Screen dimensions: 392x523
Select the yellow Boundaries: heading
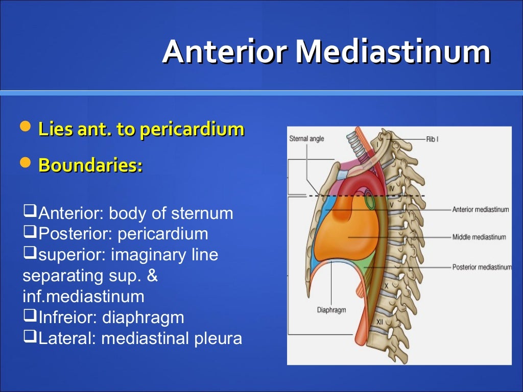click(90, 165)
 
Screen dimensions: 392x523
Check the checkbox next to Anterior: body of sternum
click(30, 211)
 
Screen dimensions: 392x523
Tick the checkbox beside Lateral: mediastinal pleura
click(30, 337)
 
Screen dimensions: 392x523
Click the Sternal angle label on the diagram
click(306, 139)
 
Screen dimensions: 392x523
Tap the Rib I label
click(432, 139)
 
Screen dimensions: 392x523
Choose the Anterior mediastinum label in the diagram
click(480, 209)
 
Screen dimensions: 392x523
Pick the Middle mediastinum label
click(479, 237)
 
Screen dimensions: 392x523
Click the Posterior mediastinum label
click(481, 267)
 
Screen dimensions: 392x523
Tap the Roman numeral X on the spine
click(386, 287)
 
